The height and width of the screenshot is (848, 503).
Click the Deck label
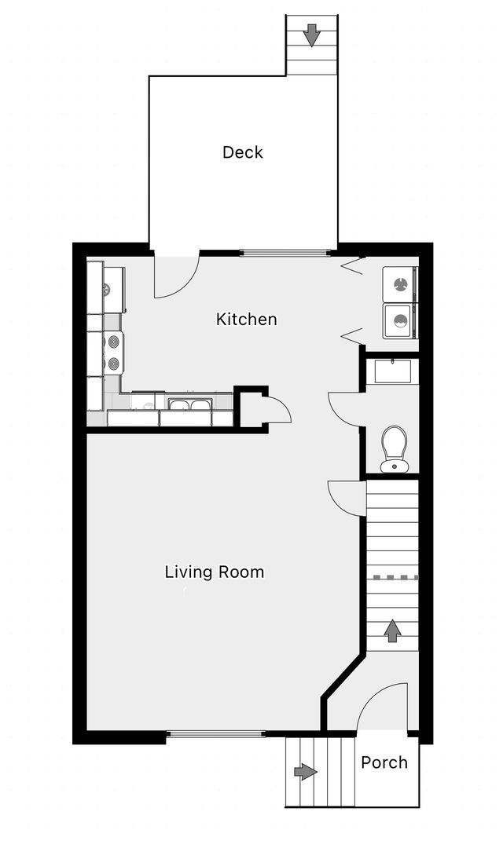click(242, 152)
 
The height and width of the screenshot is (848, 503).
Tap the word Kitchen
click(246, 320)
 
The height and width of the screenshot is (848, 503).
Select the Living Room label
click(214, 572)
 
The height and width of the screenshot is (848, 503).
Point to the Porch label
click(384, 762)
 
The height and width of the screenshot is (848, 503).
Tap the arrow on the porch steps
click(306, 772)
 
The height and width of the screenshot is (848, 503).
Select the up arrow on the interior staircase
click(391, 630)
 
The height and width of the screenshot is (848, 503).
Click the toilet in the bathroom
click(394, 448)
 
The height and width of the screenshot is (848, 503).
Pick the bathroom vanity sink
click(391, 371)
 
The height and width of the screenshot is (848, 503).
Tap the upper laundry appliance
click(399, 283)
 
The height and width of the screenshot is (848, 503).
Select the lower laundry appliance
click(399, 321)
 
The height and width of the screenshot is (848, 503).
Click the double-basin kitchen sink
click(190, 405)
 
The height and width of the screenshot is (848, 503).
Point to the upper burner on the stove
click(115, 342)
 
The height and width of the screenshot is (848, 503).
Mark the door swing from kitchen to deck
click(174, 277)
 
